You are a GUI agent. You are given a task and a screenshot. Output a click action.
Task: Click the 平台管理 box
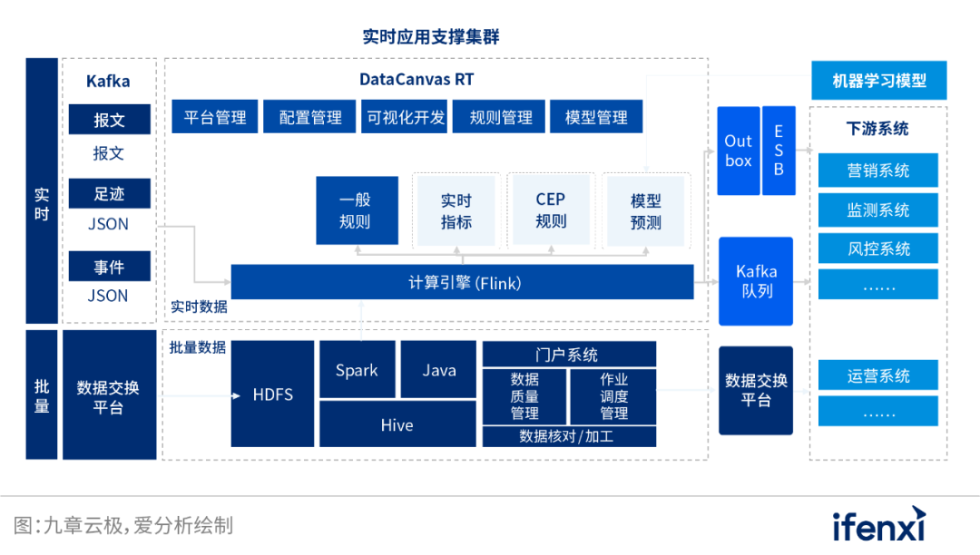(215, 117)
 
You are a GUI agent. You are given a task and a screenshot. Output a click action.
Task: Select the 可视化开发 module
(406, 117)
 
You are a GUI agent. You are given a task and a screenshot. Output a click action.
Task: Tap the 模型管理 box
(596, 117)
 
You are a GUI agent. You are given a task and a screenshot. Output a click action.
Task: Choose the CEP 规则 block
(550, 210)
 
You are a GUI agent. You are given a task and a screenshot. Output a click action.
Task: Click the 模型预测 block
(645, 210)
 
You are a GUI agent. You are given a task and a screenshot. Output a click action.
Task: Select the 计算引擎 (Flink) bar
(463, 283)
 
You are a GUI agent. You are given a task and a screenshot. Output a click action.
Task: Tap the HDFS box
(272, 394)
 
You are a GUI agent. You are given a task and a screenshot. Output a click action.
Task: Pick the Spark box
(357, 370)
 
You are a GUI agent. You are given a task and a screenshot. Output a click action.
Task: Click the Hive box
(397, 424)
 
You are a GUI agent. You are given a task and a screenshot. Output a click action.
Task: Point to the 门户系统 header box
(569, 355)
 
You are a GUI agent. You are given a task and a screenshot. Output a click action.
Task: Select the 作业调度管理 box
(613, 396)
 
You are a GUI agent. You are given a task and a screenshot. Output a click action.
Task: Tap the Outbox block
(739, 151)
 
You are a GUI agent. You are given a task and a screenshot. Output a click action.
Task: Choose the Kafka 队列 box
(756, 281)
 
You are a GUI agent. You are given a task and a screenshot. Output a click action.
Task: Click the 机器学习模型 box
(878, 81)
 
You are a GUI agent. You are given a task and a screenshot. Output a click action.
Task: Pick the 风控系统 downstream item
(878, 248)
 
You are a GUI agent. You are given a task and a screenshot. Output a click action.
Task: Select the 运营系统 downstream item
(878, 375)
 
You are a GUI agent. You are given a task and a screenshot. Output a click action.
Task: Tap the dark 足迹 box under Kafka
(109, 193)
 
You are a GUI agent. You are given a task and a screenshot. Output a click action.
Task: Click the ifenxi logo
(878, 526)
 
